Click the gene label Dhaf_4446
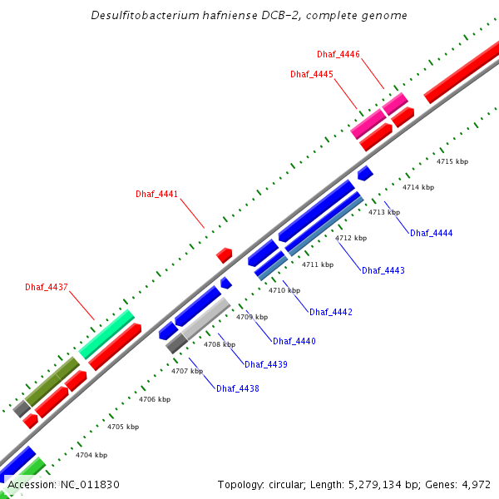tap(338, 54)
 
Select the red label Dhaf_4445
tap(312, 74)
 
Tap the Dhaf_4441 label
tap(157, 194)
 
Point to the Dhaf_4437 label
tap(46, 287)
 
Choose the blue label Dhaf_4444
tap(431, 233)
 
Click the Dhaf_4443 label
tap(383, 270)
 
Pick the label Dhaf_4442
tap(331, 312)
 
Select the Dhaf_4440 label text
tap(294, 341)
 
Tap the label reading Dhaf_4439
tap(266, 364)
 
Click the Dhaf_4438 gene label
tap(238, 388)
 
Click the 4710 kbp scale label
tap(284, 290)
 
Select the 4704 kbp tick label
tap(91, 455)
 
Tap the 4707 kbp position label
tap(187, 371)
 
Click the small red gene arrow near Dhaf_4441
tap(224, 254)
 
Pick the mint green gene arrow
tap(106, 333)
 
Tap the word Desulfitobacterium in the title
tap(139, 16)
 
